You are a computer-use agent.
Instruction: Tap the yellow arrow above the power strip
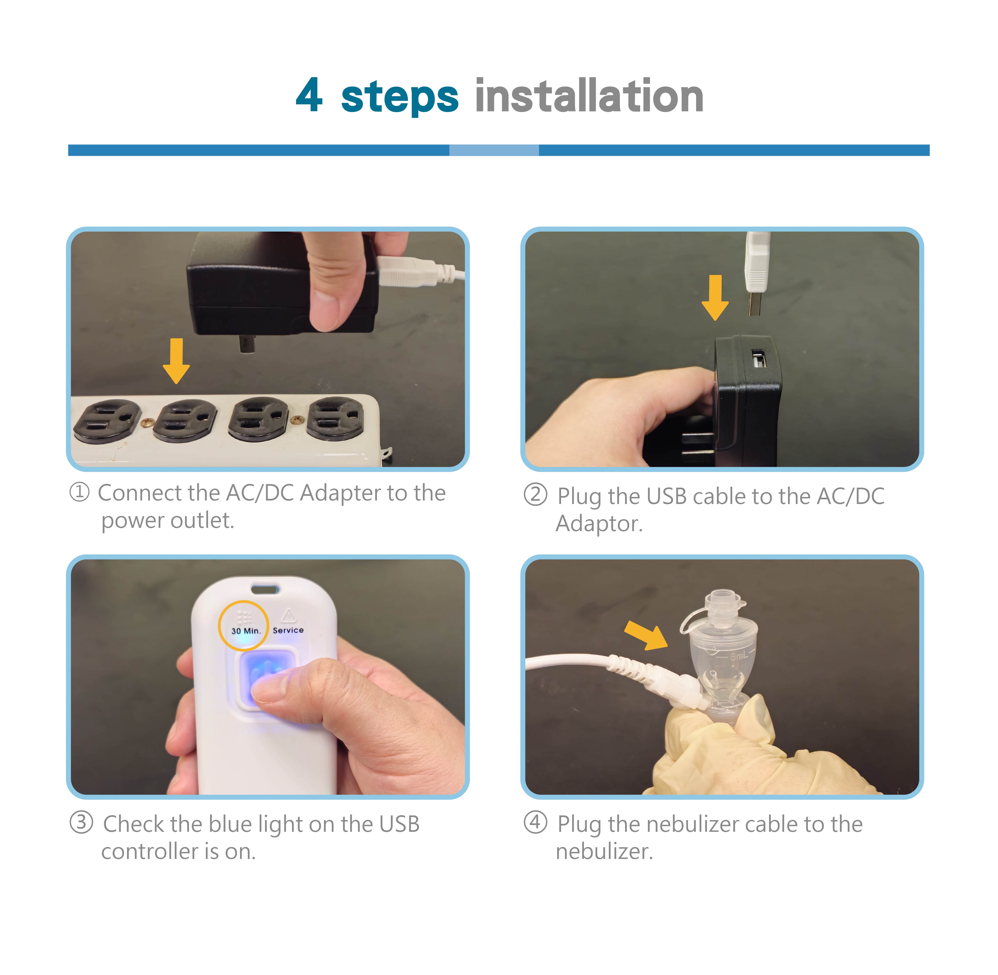click(176, 361)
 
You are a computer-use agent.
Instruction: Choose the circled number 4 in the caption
click(535, 822)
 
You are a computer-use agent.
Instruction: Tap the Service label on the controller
click(288, 630)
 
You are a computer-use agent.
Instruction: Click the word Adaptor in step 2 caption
click(599, 523)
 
